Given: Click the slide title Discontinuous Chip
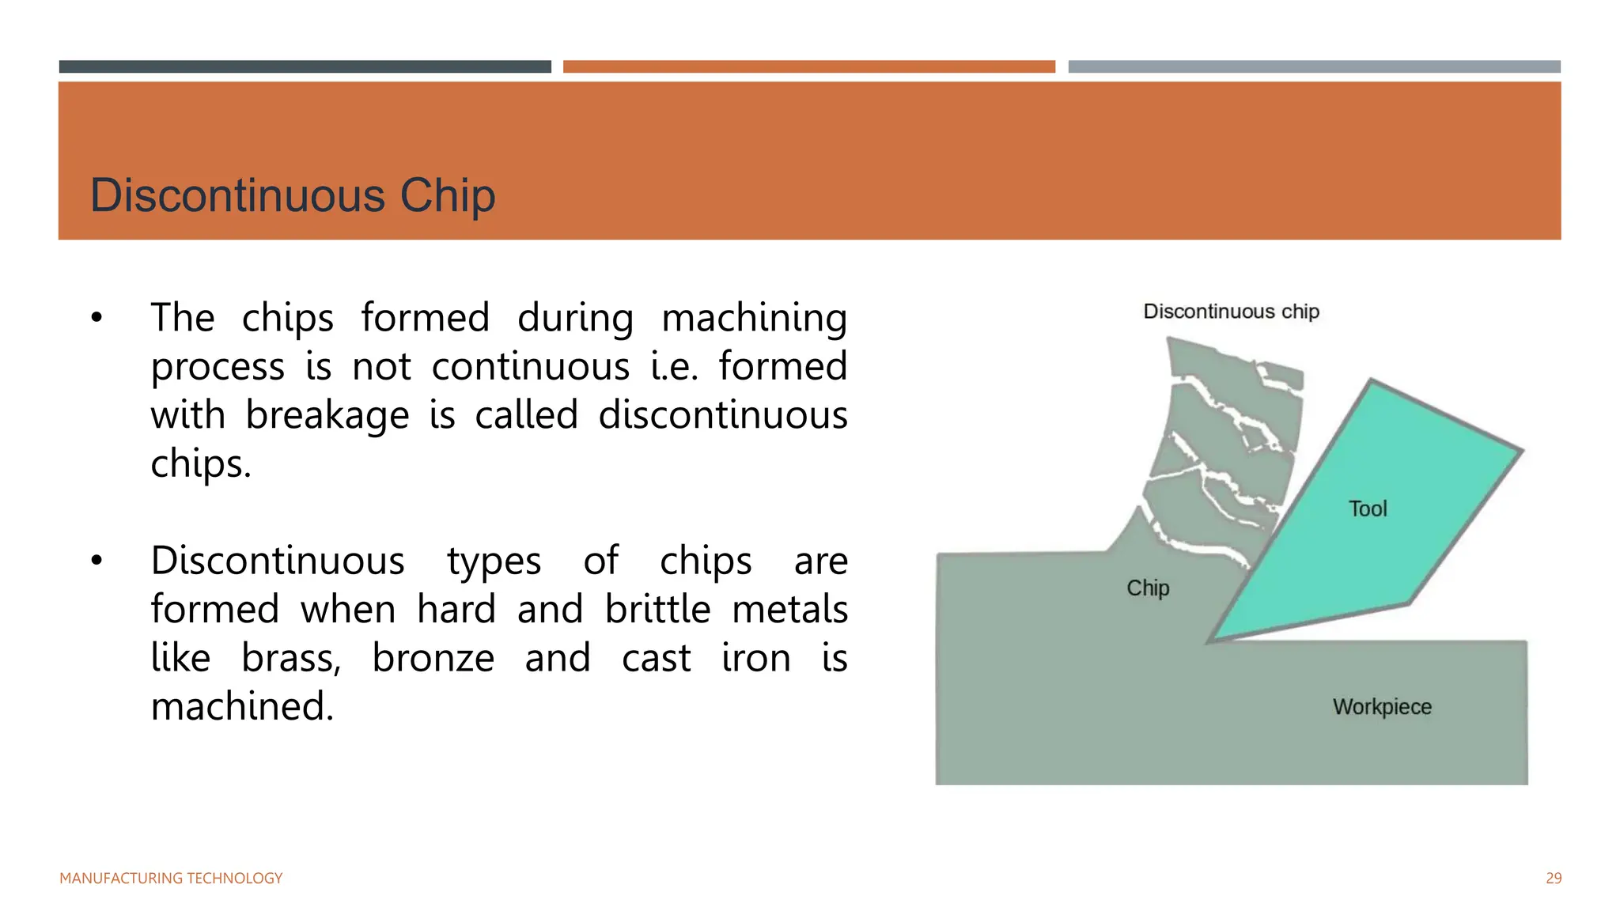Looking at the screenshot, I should [x=293, y=195].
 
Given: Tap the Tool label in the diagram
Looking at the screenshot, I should [x=1368, y=508].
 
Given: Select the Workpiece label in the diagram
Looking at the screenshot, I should [x=1382, y=706].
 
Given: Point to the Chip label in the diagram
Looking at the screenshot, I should [x=1148, y=588].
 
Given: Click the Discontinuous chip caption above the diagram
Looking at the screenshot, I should [x=1231, y=312].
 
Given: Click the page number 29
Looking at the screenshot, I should [x=1554, y=878].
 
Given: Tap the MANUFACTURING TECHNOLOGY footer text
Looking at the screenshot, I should [x=171, y=878].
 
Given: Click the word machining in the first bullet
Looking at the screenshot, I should [x=754, y=318].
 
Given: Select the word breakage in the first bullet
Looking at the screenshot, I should [x=327, y=415].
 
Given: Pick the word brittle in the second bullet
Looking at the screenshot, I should [x=658, y=610].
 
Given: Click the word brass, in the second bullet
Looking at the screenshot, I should [x=291, y=658].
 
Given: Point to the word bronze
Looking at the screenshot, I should [x=433, y=658].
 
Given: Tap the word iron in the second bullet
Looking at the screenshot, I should [x=755, y=658].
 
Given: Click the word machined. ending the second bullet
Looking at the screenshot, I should [x=242, y=706].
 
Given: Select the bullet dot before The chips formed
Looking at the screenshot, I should [x=97, y=318].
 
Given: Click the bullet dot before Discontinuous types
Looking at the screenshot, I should [x=97, y=561].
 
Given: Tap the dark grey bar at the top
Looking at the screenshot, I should [x=305, y=66].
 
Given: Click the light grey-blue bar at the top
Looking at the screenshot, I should [x=1314, y=66].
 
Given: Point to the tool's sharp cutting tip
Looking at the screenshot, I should [x=1210, y=639].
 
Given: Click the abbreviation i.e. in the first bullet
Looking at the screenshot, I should [x=674, y=367].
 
